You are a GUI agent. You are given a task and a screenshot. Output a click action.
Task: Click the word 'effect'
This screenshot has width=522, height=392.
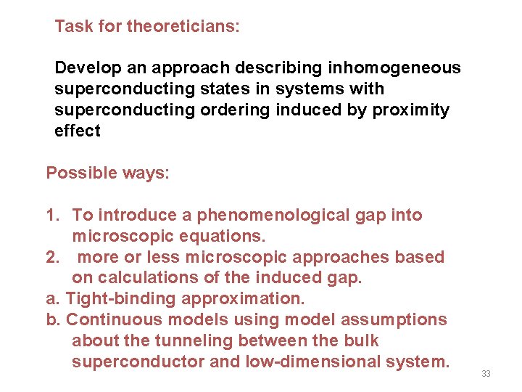point(77,131)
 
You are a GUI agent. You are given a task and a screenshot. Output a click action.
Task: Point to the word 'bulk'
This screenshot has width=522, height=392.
point(363,340)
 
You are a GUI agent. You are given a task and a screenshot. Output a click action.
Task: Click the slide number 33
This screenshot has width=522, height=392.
point(486,373)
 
